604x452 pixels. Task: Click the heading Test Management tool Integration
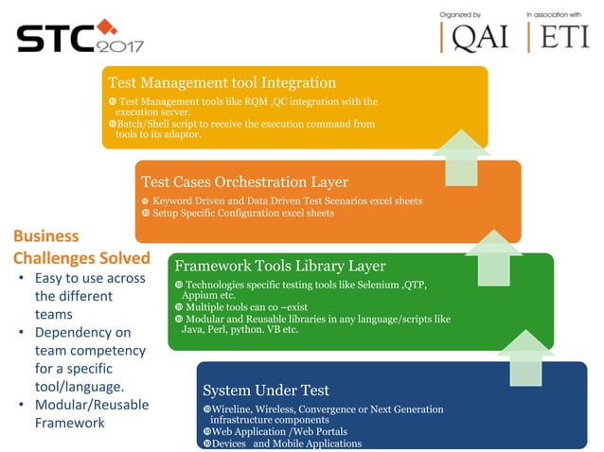click(x=222, y=83)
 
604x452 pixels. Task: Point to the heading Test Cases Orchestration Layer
click(x=244, y=182)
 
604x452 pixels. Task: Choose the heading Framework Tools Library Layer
click(x=279, y=266)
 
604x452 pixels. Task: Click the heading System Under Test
click(x=266, y=390)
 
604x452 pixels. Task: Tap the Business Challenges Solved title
click(x=81, y=247)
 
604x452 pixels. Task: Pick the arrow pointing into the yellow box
click(x=461, y=156)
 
